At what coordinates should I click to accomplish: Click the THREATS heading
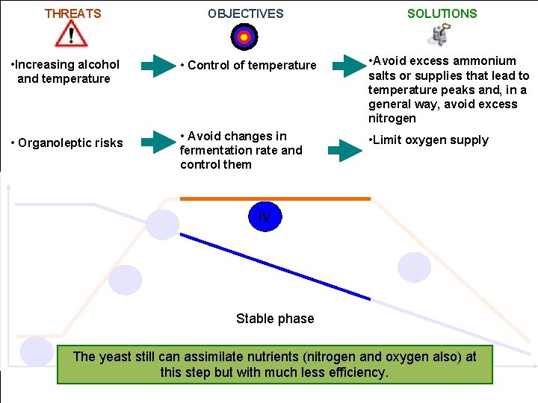click(72, 13)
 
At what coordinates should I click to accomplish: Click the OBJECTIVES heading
click(245, 13)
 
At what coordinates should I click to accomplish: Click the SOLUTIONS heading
click(442, 13)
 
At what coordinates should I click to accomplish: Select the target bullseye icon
click(244, 36)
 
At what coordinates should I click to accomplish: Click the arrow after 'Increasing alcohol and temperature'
click(157, 66)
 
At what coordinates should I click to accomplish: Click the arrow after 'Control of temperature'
click(347, 66)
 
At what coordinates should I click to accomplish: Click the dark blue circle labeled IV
click(264, 217)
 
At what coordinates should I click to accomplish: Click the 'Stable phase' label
click(275, 319)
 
